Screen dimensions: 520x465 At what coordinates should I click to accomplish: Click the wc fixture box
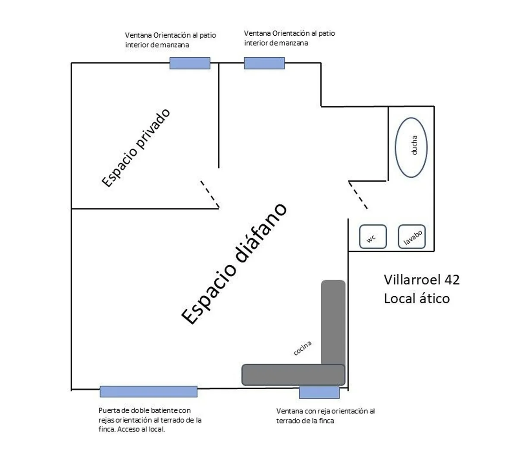click(x=373, y=236)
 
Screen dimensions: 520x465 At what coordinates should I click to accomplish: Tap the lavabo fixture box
click(x=411, y=236)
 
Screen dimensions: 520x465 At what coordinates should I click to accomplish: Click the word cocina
click(x=302, y=348)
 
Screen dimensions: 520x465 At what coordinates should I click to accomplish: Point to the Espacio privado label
click(x=136, y=148)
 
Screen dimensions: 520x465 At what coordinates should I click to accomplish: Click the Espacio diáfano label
click(x=234, y=264)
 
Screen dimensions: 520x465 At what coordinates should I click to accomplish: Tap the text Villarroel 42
click(x=421, y=280)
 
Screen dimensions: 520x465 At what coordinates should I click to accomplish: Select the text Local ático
click(x=417, y=298)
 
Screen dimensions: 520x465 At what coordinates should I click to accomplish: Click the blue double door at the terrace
click(x=148, y=391)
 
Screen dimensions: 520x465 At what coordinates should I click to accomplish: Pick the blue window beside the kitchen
click(x=319, y=393)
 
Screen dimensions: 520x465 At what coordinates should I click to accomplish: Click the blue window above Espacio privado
click(x=190, y=63)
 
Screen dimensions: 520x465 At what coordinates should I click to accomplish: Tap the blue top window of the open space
click(x=264, y=63)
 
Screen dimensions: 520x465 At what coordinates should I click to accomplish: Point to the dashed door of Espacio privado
click(x=210, y=194)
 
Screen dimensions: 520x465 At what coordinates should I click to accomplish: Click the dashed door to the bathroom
click(x=358, y=195)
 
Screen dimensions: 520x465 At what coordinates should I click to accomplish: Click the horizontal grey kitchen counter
click(x=293, y=375)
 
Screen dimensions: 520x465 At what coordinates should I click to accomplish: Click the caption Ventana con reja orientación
click(x=326, y=416)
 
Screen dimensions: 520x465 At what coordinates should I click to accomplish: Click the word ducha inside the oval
click(x=414, y=145)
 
